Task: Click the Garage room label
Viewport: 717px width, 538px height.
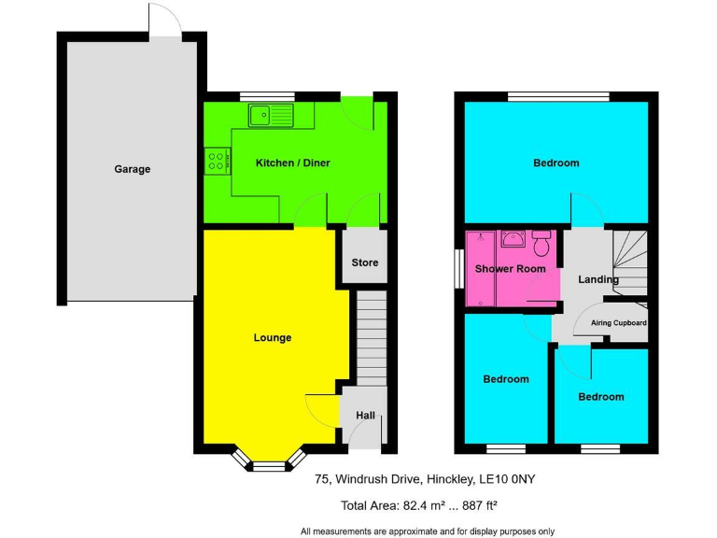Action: [133, 169]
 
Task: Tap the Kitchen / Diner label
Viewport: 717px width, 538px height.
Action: [292, 163]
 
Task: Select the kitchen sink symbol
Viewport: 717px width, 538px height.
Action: [270, 115]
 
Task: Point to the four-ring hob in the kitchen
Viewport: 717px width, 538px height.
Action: [216, 161]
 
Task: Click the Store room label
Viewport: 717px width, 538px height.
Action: [365, 262]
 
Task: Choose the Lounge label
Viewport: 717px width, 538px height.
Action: [273, 337]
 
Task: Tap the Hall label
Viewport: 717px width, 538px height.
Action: [365, 415]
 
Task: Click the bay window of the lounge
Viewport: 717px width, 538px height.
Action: [268, 460]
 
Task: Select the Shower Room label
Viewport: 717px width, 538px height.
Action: [510, 269]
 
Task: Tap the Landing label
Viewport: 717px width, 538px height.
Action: [598, 279]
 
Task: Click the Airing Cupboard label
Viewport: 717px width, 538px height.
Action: [618, 323]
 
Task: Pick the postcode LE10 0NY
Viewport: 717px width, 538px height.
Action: [510, 479]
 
